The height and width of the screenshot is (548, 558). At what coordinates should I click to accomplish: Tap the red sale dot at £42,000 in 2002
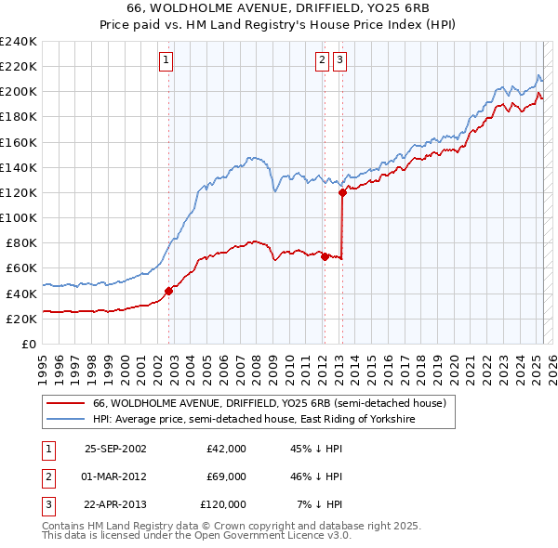(168, 291)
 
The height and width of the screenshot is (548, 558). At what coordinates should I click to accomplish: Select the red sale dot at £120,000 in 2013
(342, 192)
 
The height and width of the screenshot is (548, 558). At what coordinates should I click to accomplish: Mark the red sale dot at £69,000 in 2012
(325, 256)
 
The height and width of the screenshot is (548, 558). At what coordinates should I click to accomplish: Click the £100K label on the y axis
(19, 217)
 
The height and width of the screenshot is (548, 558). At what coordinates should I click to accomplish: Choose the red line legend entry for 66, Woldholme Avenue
(270, 403)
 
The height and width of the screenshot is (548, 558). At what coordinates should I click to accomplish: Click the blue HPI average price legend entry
(253, 420)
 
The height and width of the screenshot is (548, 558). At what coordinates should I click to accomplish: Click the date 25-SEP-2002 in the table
(115, 449)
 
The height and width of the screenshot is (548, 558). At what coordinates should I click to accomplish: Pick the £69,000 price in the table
(226, 476)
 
